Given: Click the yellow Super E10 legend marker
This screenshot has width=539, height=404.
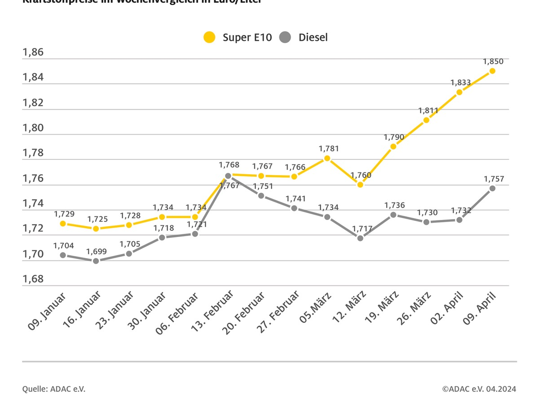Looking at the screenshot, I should click(209, 37).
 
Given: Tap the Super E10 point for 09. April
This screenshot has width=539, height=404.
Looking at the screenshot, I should click(492, 71).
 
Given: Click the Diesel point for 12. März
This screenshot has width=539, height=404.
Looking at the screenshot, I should click(360, 238).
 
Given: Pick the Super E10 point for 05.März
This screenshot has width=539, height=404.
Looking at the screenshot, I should click(327, 158).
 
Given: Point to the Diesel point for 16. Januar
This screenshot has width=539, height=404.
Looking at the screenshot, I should click(96, 261).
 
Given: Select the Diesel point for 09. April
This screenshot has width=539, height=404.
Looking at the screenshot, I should click(492, 188).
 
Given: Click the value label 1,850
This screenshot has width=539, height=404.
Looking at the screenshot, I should click(494, 61).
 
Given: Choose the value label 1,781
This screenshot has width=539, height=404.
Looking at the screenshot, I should click(329, 149).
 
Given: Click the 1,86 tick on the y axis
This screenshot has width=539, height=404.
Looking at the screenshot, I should click(33, 53).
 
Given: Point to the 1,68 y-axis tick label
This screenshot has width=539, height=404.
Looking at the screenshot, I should click(33, 279).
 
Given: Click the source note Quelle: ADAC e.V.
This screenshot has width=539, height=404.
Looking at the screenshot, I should click(53, 389).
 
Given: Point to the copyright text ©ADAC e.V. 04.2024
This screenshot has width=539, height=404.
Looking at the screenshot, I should click(479, 389).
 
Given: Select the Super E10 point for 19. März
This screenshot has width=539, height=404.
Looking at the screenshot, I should click(393, 146).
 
